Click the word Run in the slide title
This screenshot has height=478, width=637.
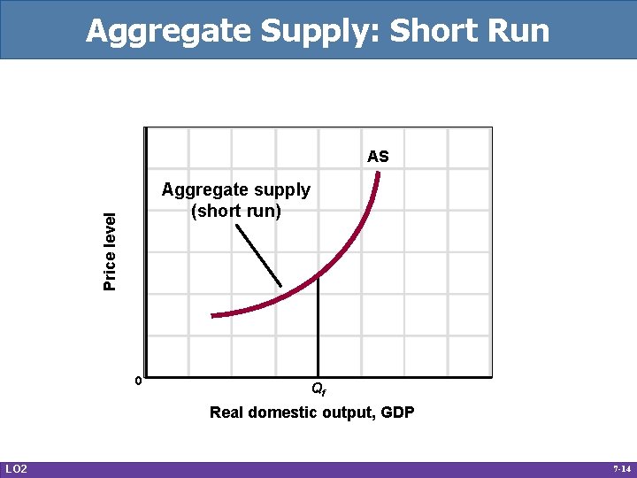pyautogui.click(x=517, y=31)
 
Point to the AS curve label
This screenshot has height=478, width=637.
pyautogui.click(x=378, y=157)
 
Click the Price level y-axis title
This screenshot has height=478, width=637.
pyautogui.click(x=110, y=251)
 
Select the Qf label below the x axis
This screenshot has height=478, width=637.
pyautogui.click(x=318, y=389)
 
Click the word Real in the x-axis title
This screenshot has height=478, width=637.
pyautogui.click(x=226, y=412)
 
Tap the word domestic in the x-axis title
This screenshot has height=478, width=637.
pyautogui.click(x=279, y=412)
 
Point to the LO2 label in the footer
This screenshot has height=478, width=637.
pyautogui.click(x=16, y=468)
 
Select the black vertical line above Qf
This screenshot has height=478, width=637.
pyautogui.click(x=318, y=328)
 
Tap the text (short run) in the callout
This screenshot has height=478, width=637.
pyautogui.click(x=235, y=211)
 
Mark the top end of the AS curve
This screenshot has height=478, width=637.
pyautogui.click(x=378, y=173)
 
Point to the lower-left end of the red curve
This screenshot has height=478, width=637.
pyautogui.click(x=213, y=314)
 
